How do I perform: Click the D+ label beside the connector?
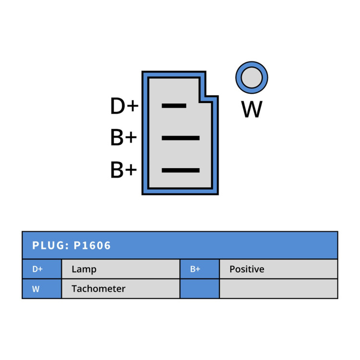124,106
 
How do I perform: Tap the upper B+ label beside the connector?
123,137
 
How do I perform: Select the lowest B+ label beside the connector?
123,169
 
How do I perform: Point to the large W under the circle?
252,109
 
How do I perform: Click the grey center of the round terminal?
252,78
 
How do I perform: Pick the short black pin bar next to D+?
174,106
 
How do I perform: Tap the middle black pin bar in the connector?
180,138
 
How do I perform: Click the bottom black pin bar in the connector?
180,170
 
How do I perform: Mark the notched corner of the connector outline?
206,96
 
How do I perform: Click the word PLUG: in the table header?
50,245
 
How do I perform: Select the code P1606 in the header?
92,245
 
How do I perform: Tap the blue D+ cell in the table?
42,269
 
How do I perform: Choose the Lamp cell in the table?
121,269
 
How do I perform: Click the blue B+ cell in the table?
200,269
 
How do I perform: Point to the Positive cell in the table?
278,269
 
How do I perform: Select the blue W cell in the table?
42,288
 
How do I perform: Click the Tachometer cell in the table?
121,288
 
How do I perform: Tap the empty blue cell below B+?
200,288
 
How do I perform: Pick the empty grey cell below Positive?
278,288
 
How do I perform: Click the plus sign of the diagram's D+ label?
132,106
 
